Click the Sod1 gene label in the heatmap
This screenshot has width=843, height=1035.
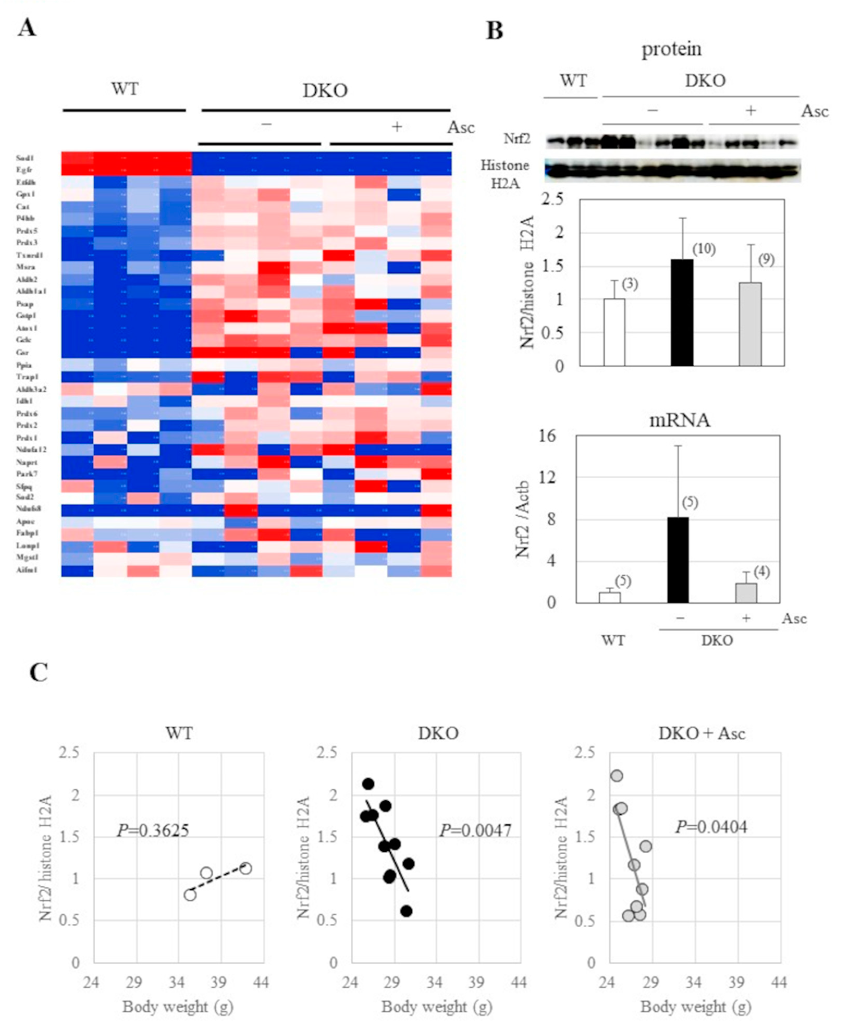(25, 158)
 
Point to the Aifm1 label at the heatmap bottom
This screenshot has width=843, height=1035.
(26, 570)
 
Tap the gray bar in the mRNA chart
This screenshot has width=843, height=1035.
(746, 593)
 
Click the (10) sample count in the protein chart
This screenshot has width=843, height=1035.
(704, 249)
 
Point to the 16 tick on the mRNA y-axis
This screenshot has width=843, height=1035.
(547, 436)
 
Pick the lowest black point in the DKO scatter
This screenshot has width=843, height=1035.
(407, 911)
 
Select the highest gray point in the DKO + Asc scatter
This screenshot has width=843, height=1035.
(617, 776)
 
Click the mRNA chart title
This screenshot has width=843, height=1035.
(680, 420)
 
